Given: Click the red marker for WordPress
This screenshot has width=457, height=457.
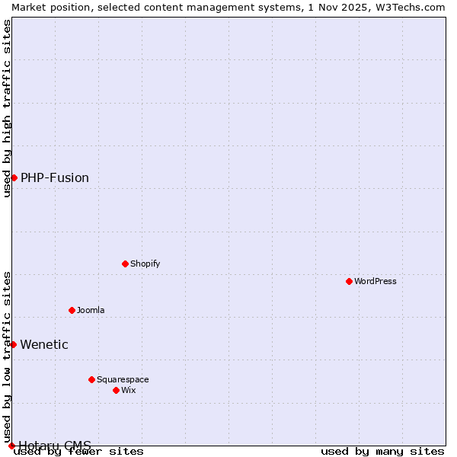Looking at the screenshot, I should pyautogui.click(x=350, y=281).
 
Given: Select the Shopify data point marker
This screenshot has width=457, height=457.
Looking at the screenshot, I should pyautogui.click(x=126, y=264).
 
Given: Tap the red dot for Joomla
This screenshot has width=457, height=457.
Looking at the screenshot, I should pyautogui.click(x=72, y=310).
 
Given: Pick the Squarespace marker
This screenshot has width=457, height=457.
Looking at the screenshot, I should pyautogui.click(x=92, y=379).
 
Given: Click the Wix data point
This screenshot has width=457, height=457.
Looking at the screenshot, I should pyautogui.click(x=117, y=390).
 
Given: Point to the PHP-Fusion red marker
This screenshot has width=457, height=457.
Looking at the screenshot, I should pyautogui.click(x=14, y=177).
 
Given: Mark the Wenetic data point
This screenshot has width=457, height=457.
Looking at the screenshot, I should pyautogui.click(x=13, y=344).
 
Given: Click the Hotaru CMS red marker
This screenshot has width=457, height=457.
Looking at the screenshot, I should pyautogui.click(x=11, y=446).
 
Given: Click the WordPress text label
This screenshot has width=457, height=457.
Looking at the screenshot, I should pyautogui.click(x=376, y=281).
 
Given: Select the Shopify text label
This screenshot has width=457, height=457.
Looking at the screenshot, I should pyautogui.click(x=145, y=264).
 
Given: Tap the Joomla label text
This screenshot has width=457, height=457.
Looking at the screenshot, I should pyautogui.click(x=91, y=310).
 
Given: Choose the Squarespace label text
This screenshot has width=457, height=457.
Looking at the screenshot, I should pyautogui.click(x=123, y=379).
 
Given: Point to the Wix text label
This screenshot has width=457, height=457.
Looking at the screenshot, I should pyautogui.click(x=129, y=390).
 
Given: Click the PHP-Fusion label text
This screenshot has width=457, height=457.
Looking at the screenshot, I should pyautogui.click(x=55, y=177).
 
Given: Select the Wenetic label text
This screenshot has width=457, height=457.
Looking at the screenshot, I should pyautogui.click(x=44, y=344).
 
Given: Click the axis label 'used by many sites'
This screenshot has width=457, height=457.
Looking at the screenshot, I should pyautogui.click(x=382, y=451).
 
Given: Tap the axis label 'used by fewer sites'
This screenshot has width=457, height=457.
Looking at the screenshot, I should pyautogui.click(x=79, y=451).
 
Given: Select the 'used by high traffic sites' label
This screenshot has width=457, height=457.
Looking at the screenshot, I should pyautogui.click(x=7, y=108).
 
